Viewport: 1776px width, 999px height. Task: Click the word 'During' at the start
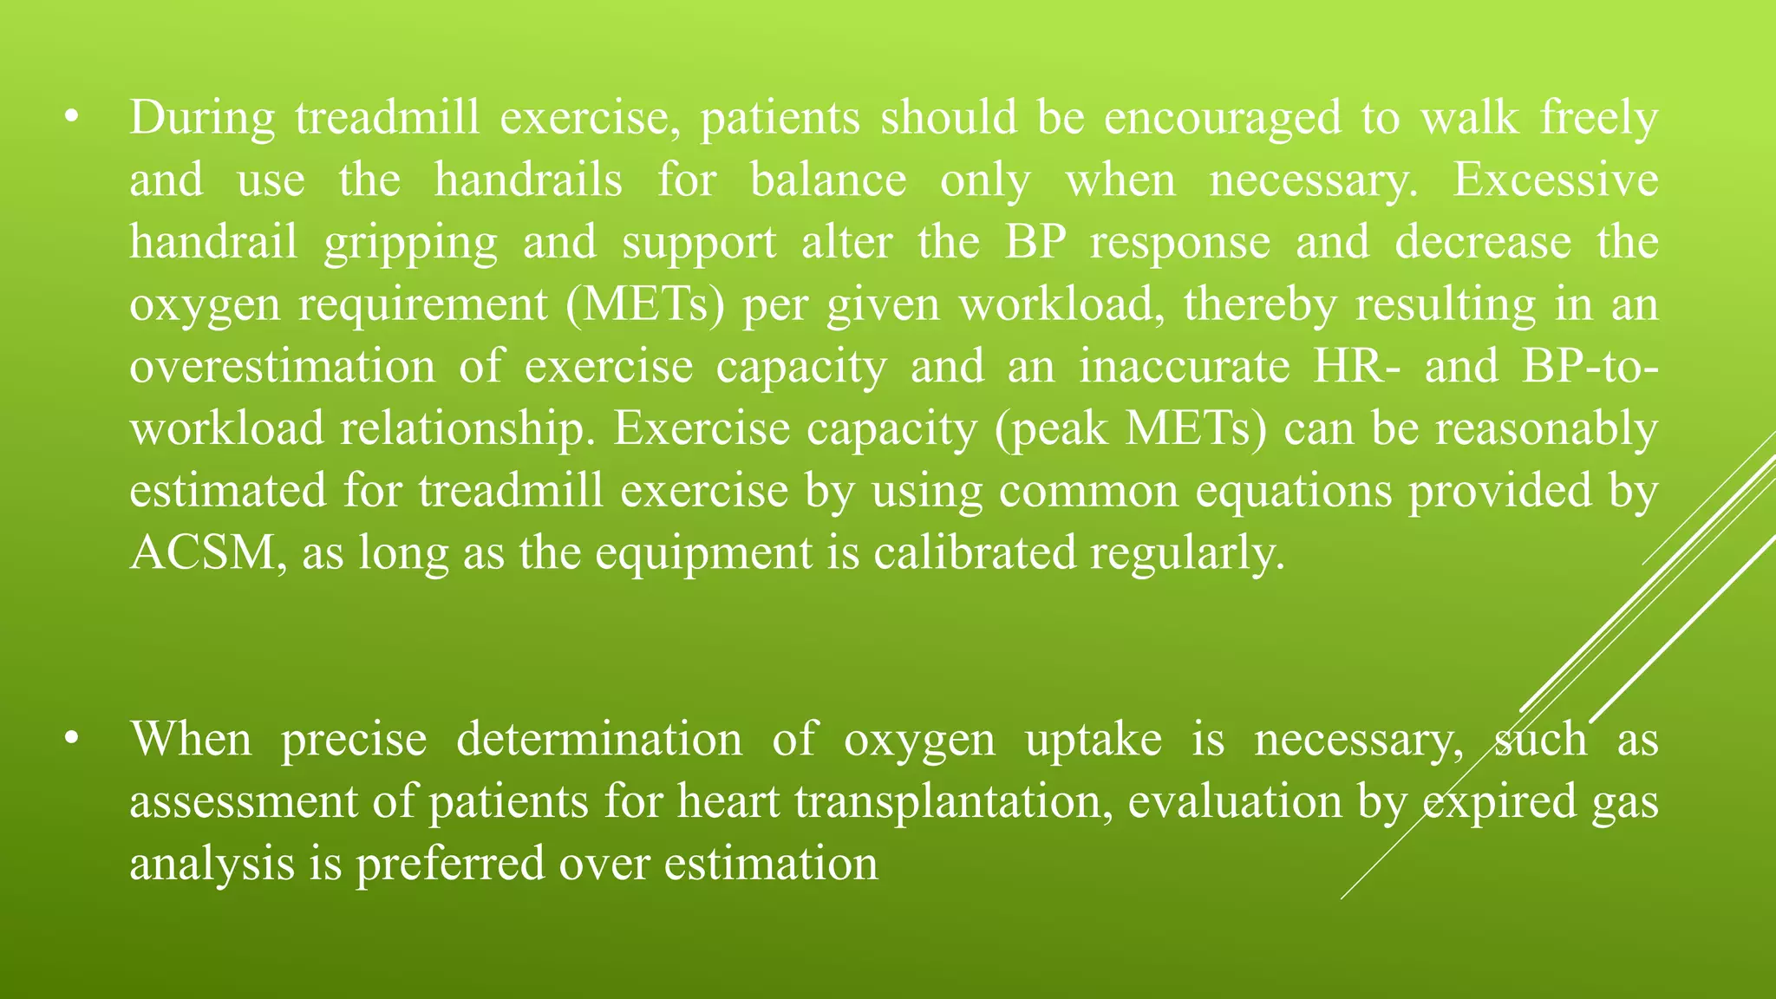(x=202, y=118)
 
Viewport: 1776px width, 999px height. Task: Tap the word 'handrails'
(x=528, y=180)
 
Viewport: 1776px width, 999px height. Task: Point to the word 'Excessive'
(x=1555, y=180)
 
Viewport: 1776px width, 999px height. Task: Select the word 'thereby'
(x=1260, y=305)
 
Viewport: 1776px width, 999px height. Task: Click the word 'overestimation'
(x=283, y=367)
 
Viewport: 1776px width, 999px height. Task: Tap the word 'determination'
(x=599, y=740)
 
